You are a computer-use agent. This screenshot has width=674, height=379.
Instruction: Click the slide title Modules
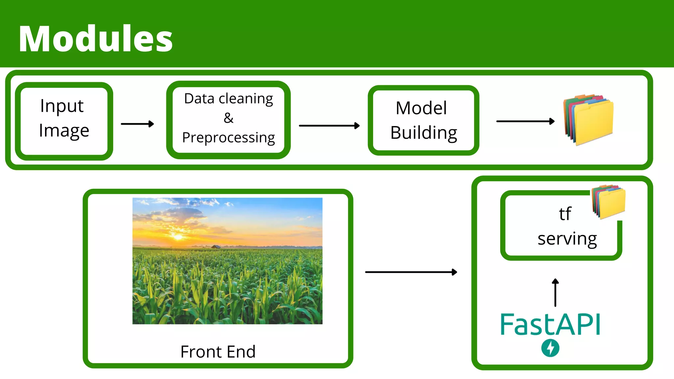(95, 39)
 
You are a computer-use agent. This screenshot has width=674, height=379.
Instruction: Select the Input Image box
(64, 121)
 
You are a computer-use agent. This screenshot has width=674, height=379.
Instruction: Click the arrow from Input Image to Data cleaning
(137, 124)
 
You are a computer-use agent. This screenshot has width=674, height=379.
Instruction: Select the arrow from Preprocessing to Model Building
(329, 126)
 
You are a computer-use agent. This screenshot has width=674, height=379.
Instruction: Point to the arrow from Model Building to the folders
(525, 121)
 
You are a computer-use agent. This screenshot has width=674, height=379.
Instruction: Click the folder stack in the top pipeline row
(589, 120)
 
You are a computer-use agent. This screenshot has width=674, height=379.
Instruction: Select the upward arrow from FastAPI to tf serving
(556, 292)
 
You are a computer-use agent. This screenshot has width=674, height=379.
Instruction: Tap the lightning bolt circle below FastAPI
(550, 348)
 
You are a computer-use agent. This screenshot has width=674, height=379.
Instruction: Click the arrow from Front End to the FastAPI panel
(411, 272)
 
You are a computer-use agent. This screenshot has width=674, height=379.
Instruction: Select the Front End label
(218, 352)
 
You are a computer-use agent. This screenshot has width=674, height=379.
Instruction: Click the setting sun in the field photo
(178, 237)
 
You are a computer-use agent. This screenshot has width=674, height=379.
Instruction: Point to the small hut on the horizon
(216, 246)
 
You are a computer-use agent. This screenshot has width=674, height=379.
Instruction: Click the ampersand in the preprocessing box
(228, 118)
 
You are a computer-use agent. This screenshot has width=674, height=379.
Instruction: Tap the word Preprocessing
(228, 138)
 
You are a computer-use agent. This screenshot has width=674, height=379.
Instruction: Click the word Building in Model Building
(424, 133)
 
